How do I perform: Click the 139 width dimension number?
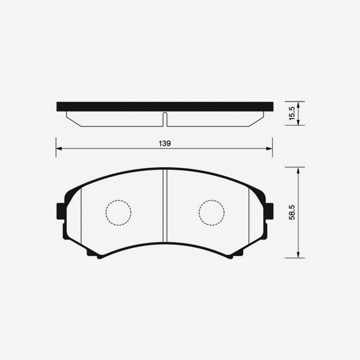(164, 143)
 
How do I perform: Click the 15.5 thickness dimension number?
(292, 114)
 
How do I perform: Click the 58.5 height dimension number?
(292, 212)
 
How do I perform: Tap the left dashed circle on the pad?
(118, 212)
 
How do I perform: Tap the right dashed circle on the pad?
(211, 212)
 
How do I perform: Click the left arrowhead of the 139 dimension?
(59, 149)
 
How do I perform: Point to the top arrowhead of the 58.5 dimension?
(298, 170)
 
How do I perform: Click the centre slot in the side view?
(165, 119)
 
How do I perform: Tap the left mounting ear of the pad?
(60, 210)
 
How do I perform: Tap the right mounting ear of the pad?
(269, 210)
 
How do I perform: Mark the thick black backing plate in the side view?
(165, 106)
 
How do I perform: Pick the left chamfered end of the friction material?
(75, 120)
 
